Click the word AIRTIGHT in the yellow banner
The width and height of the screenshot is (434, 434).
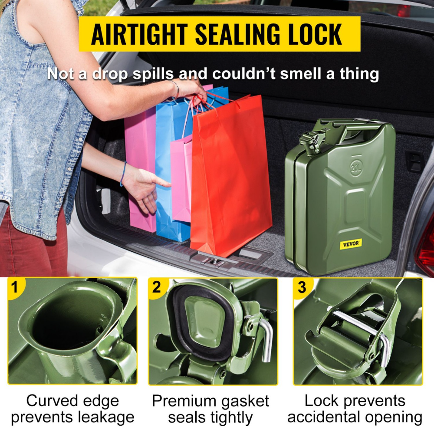click(139, 34)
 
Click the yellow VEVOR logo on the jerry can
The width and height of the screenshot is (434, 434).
click(351, 244)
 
